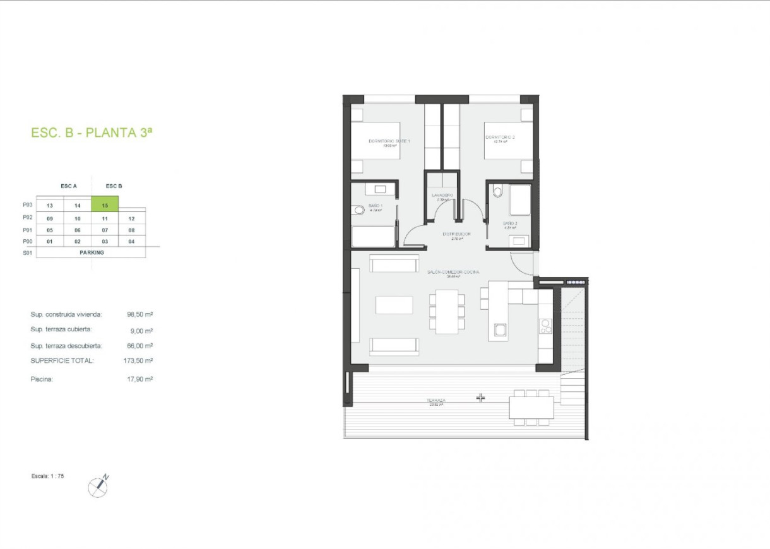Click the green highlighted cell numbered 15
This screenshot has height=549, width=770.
(x=105, y=205)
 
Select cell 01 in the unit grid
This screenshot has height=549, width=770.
(x=50, y=241)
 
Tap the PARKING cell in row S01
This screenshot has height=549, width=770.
(x=92, y=252)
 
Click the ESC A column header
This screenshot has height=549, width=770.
(x=68, y=186)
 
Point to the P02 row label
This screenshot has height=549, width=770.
(x=27, y=218)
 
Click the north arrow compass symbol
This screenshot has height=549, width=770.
(x=98, y=485)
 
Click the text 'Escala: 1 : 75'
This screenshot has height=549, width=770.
(x=47, y=476)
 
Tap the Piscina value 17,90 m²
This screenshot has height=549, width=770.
(x=140, y=379)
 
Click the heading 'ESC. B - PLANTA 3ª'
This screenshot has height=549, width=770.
(x=92, y=133)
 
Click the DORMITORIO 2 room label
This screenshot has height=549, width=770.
(x=500, y=137)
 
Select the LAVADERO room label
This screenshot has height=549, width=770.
(x=443, y=196)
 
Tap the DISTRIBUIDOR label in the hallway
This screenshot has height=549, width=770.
(x=458, y=233)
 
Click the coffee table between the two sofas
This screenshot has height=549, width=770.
(x=394, y=305)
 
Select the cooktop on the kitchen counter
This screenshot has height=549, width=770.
(x=545, y=326)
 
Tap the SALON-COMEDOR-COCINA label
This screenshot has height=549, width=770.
(x=453, y=272)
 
